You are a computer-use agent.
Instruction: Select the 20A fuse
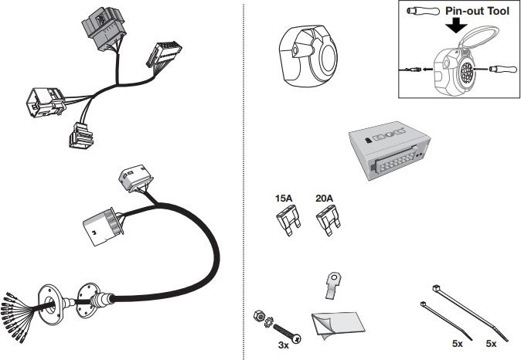(x=327, y=223)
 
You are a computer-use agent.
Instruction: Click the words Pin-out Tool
(x=478, y=12)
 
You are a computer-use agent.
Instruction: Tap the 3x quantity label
(x=283, y=346)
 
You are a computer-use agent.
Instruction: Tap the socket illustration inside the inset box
(x=461, y=73)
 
